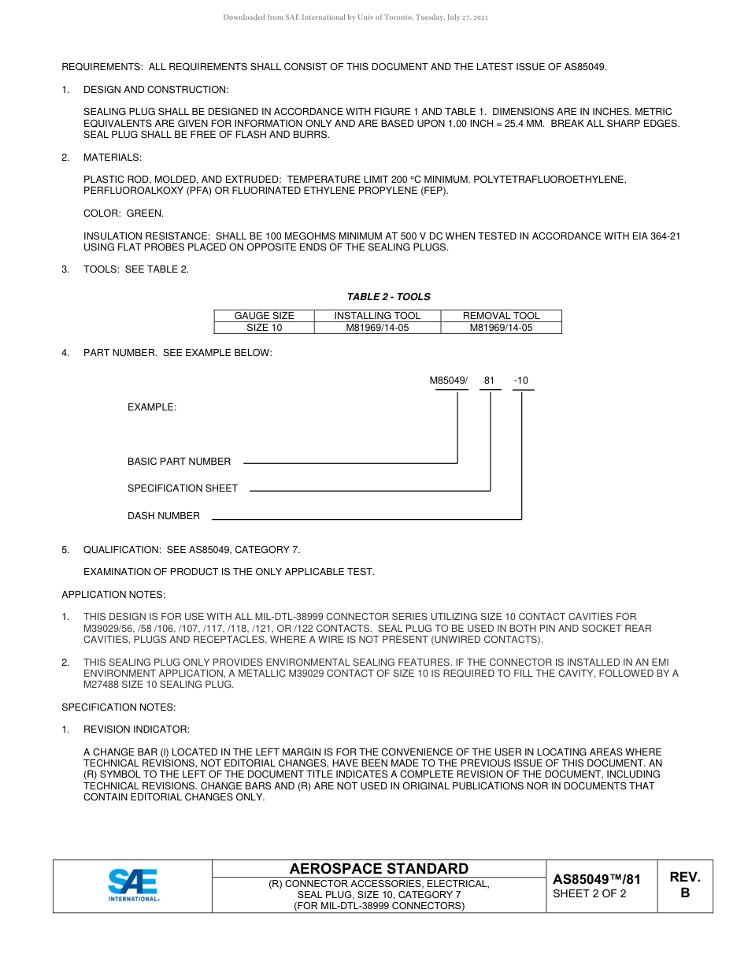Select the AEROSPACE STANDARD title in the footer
coord(379,868)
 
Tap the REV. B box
coord(684,885)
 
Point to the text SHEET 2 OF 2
coord(590,893)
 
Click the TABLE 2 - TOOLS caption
coord(388,297)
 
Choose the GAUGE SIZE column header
coord(264,316)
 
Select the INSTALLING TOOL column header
coord(377,316)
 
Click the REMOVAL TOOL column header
coord(501,316)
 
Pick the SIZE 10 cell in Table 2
coord(264,328)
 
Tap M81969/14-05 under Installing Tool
coord(377,328)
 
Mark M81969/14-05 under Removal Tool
coord(501,328)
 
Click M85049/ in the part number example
coord(448,381)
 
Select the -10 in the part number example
coord(521,381)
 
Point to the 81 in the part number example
coord(489,381)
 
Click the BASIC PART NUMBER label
coord(179,462)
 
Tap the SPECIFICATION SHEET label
coord(182,488)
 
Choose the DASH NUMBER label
coord(164,516)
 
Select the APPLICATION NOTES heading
coord(113,595)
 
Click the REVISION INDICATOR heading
coord(136,730)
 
